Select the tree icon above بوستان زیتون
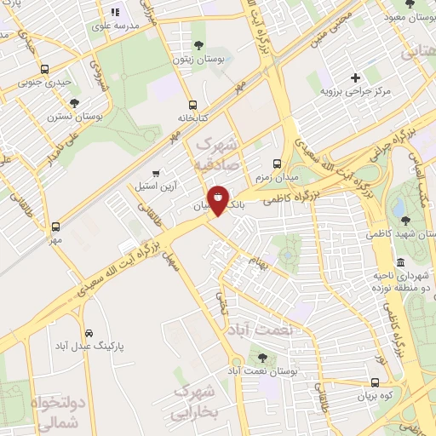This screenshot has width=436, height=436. [x=198, y=44]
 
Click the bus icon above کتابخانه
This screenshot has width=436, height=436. [x=192, y=105]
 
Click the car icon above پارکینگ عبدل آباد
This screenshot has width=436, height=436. [x=89, y=332]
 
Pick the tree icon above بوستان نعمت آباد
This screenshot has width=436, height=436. [x=261, y=359]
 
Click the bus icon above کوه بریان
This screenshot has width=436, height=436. [x=376, y=382]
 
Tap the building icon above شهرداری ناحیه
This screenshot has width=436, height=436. [x=401, y=261]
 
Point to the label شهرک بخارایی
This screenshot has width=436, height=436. [x=195, y=402]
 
